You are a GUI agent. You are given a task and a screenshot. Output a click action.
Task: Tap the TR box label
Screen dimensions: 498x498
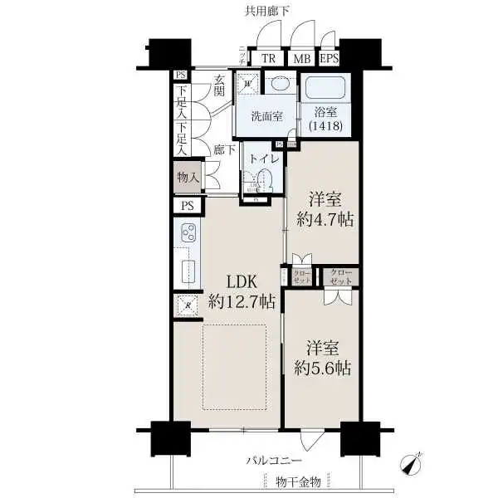[x=268, y=58]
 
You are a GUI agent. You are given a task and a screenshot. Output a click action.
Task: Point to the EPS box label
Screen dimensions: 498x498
[x=329, y=58]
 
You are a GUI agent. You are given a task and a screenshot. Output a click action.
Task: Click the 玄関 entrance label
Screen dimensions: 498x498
[x=219, y=86]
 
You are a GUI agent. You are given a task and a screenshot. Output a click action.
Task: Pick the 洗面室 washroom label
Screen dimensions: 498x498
[x=267, y=116]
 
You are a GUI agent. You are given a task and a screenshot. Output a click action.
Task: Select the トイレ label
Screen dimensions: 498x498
[x=263, y=158]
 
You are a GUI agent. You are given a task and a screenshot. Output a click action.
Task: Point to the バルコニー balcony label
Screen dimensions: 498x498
[x=273, y=459]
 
